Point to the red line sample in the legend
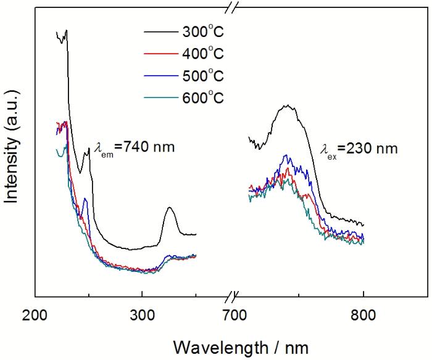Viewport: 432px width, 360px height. [160, 54]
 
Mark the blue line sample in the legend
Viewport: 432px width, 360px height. [160, 76]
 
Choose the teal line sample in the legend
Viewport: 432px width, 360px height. [160, 99]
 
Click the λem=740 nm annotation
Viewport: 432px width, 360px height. [135, 147]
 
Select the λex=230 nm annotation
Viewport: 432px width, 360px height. [359, 148]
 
